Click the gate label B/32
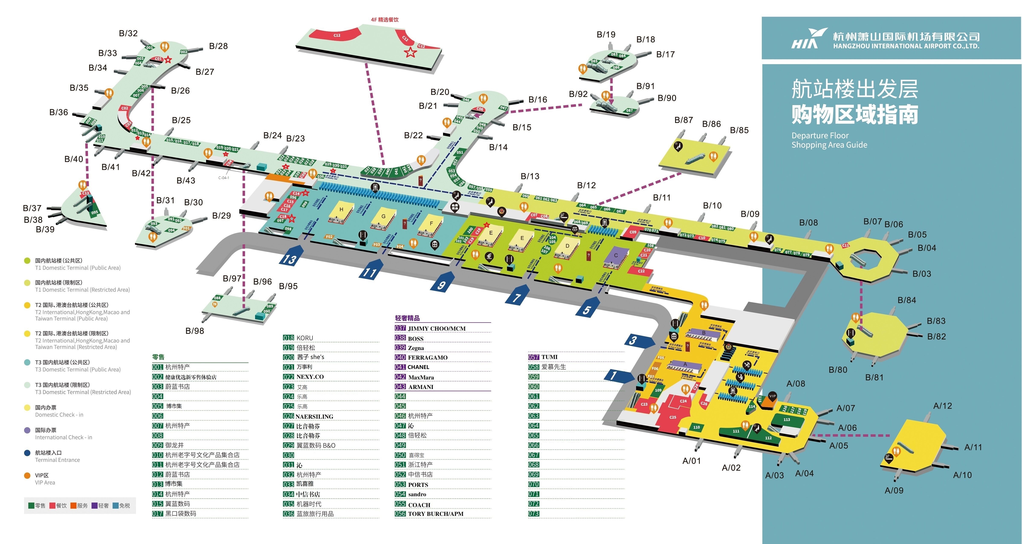pos(128,33)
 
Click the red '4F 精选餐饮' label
pos(384,19)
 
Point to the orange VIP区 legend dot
pos(27,475)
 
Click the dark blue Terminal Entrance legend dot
pos(27,453)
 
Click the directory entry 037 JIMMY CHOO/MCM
pos(430,328)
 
